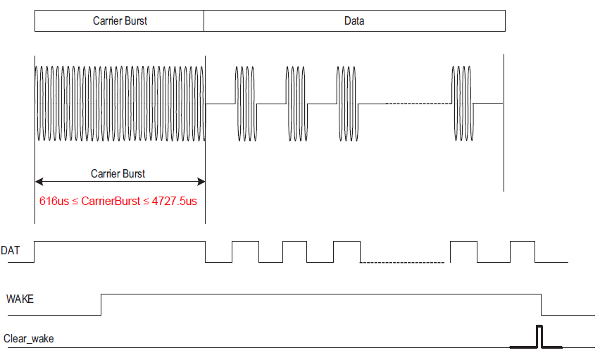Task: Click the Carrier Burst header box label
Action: coord(120,21)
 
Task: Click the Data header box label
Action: coord(354,21)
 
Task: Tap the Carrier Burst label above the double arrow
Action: coord(118,173)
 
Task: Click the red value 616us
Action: coord(54,201)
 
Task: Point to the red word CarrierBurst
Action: coord(111,201)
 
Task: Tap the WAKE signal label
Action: coord(20,299)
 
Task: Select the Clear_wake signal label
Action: coord(29,339)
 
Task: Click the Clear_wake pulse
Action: coord(539,336)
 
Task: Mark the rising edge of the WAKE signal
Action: coord(102,304)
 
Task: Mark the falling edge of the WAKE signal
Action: coord(541,304)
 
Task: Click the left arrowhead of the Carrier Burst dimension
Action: coord(39,182)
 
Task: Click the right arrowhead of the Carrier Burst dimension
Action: coord(201,182)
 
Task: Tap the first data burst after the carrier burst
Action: coord(244,104)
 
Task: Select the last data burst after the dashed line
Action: coord(462,104)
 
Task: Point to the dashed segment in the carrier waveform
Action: coord(418,104)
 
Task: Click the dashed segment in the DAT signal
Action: coord(401,263)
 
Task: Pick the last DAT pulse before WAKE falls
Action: coord(523,251)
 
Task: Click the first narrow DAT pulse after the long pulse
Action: coord(245,251)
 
